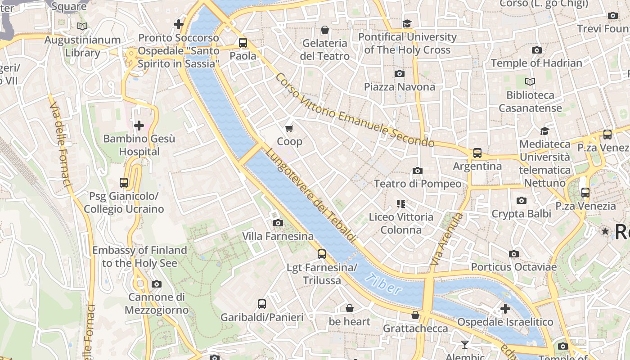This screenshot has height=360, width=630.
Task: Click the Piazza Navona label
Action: pos(400,86)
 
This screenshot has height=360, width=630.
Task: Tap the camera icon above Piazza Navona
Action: pos(399,73)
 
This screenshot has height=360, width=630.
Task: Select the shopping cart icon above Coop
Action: pos(289,129)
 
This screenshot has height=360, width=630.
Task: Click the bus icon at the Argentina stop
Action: pos(477,153)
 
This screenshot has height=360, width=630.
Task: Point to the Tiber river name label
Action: pos(383,284)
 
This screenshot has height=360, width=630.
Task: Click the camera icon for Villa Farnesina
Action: pos(278,223)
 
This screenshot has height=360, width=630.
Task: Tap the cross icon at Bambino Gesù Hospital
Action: pos(139,125)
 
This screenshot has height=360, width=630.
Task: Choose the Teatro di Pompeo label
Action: pos(418,184)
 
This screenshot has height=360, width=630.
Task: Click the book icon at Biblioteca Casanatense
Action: pos(530,82)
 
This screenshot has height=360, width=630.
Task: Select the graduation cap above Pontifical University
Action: pos(407,23)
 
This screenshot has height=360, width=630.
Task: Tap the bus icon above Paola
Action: pos(243,43)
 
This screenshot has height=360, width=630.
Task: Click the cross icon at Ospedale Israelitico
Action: pos(505,309)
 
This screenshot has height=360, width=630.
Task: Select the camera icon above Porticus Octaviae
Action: pos(513,254)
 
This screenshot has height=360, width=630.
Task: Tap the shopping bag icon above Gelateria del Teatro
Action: pos(324,30)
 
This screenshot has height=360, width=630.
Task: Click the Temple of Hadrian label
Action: pos(536,63)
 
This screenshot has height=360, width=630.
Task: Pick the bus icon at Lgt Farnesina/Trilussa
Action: pos(321,254)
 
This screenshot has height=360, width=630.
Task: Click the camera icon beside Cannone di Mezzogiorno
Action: pos(156,284)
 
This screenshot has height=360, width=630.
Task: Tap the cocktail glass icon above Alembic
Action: pos(464,345)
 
